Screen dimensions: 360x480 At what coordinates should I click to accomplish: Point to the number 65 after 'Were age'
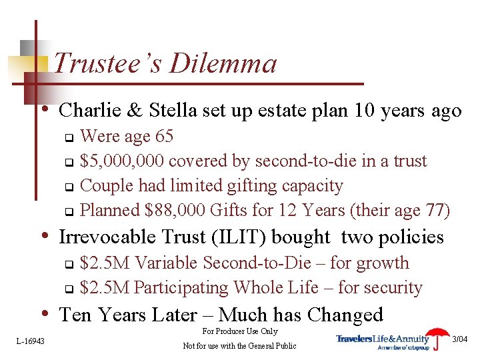tap(163, 137)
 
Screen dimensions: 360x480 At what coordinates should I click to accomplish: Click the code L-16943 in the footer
tap(30, 341)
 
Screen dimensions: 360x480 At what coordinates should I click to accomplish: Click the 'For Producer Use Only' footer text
tap(239, 331)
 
